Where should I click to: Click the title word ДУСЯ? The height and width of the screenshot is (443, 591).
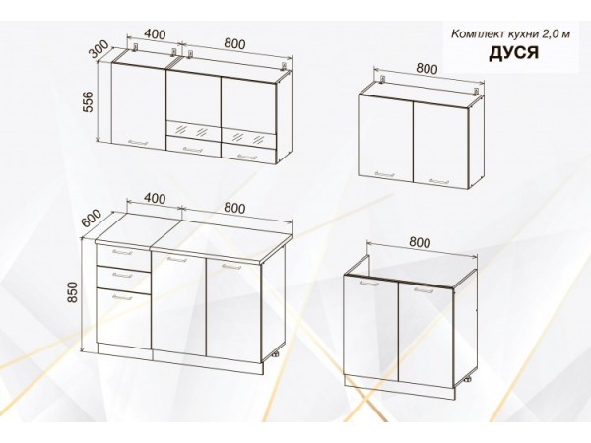[513, 53]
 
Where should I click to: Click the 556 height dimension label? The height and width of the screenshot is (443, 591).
[89, 101]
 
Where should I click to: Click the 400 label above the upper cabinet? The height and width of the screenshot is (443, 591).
[155, 34]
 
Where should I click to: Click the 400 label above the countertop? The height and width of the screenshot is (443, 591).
[155, 198]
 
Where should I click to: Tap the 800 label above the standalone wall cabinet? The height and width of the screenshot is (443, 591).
[427, 69]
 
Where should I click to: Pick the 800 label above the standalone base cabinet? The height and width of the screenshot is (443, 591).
[419, 242]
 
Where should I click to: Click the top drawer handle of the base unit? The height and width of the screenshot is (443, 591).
[122, 252]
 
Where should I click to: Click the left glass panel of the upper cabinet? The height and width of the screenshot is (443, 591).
[193, 130]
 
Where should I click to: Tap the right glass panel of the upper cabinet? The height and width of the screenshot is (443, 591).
[249, 137]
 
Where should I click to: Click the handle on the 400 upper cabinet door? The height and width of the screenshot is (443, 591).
[138, 143]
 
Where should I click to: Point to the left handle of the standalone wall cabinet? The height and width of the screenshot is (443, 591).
[385, 174]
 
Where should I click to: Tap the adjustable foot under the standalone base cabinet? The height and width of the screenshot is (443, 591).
[468, 379]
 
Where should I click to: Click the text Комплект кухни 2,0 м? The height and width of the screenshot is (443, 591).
[510, 34]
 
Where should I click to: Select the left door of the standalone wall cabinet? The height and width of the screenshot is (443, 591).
[386, 138]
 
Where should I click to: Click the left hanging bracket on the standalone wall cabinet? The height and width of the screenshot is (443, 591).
[383, 80]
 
